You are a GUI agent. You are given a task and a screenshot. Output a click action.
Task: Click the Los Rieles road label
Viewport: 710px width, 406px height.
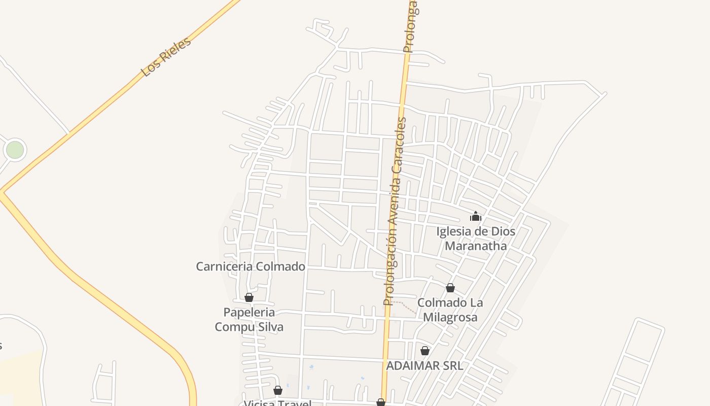click(166, 56)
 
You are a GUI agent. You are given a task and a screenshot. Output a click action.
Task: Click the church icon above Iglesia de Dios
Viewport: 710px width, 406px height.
click(475, 217)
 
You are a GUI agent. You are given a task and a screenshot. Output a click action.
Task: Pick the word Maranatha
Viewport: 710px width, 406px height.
click(476, 246)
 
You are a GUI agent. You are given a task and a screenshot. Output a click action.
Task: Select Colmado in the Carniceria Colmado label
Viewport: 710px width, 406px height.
click(280, 266)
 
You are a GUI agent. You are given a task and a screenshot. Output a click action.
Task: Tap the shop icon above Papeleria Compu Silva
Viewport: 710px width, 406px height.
click(249, 297)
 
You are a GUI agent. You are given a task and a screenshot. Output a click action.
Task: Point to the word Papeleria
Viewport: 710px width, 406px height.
click(249, 312)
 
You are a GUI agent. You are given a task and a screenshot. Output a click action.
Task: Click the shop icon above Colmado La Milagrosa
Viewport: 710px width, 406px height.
click(450, 288)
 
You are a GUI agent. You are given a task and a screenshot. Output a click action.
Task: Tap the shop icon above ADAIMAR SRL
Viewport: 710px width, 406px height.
click(425, 351)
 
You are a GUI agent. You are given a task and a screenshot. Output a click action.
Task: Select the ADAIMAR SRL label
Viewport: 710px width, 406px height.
click(424, 365)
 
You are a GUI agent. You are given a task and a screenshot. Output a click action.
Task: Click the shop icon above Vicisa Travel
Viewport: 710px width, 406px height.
click(278, 390)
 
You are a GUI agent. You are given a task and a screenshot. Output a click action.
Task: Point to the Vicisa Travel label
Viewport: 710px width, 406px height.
click(277, 403)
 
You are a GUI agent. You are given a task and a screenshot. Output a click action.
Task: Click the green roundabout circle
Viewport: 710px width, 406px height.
click(15, 150)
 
